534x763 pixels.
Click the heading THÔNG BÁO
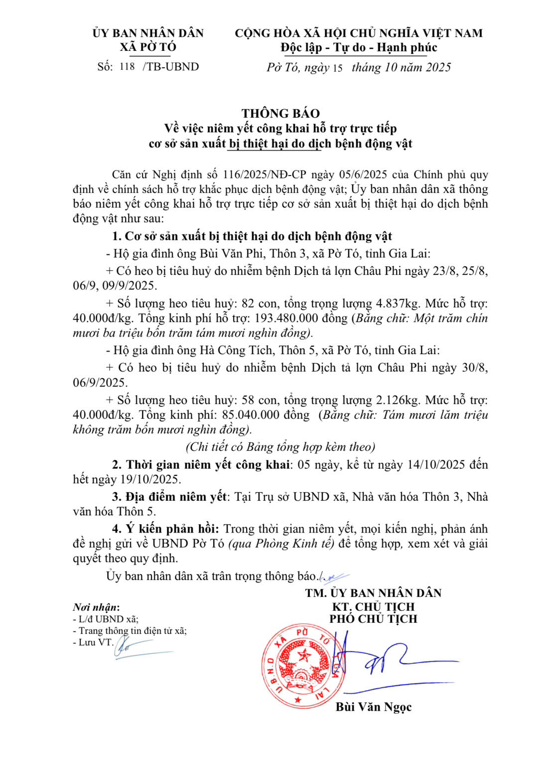pyautogui.click(x=280, y=113)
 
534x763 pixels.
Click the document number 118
pyautogui.click(x=128, y=66)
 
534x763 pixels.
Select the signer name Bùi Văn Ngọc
pyautogui.click(x=374, y=707)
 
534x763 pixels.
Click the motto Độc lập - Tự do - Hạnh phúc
pyautogui.click(x=359, y=48)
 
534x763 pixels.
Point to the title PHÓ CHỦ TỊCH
pyautogui.click(x=373, y=619)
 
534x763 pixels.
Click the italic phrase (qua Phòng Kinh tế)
pyautogui.click(x=281, y=544)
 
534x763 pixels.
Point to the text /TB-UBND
pyautogui.click(x=171, y=67)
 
